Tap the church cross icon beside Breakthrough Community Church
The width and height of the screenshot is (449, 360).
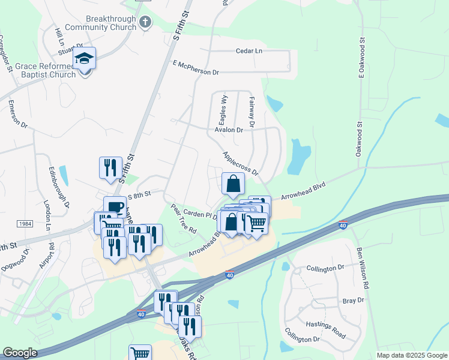point(145,23)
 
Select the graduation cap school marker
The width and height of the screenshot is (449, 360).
point(85,59)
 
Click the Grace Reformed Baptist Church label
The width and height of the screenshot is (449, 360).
point(46,70)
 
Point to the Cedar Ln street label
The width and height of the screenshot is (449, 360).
point(250,51)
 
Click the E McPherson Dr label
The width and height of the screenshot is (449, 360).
point(196,67)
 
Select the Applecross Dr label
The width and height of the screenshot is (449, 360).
point(240,163)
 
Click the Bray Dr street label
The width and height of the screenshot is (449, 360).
point(352,300)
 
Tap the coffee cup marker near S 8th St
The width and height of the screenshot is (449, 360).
point(115,208)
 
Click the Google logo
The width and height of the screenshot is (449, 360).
point(20,353)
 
